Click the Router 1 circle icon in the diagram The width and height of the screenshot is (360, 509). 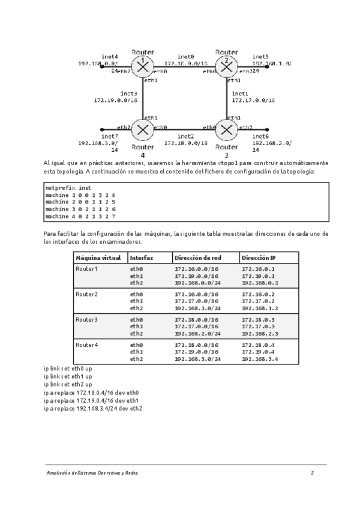(x=143, y=67)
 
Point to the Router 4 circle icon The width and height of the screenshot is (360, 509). (x=143, y=128)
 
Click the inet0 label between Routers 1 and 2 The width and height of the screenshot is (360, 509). (x=187, y=56)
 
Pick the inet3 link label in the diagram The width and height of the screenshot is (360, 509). (x=128, y=94)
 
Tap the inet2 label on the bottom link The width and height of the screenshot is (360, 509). (x=185, y=136)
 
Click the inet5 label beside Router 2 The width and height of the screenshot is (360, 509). (x=260, y=56)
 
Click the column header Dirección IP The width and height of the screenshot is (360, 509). (x=259, y=258)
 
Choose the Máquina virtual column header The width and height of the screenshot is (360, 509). (x=98, y=258)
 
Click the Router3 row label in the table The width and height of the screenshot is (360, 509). (x=86, y=319)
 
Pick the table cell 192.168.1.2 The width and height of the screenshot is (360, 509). (x=260, y=308)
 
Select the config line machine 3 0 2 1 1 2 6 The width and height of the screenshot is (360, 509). (x=80, y=209)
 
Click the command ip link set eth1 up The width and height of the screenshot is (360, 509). (x=68, y=376)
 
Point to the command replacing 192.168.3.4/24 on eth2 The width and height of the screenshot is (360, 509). (x=92, y=409)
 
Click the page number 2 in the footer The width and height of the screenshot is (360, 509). (x=312, y=473)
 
